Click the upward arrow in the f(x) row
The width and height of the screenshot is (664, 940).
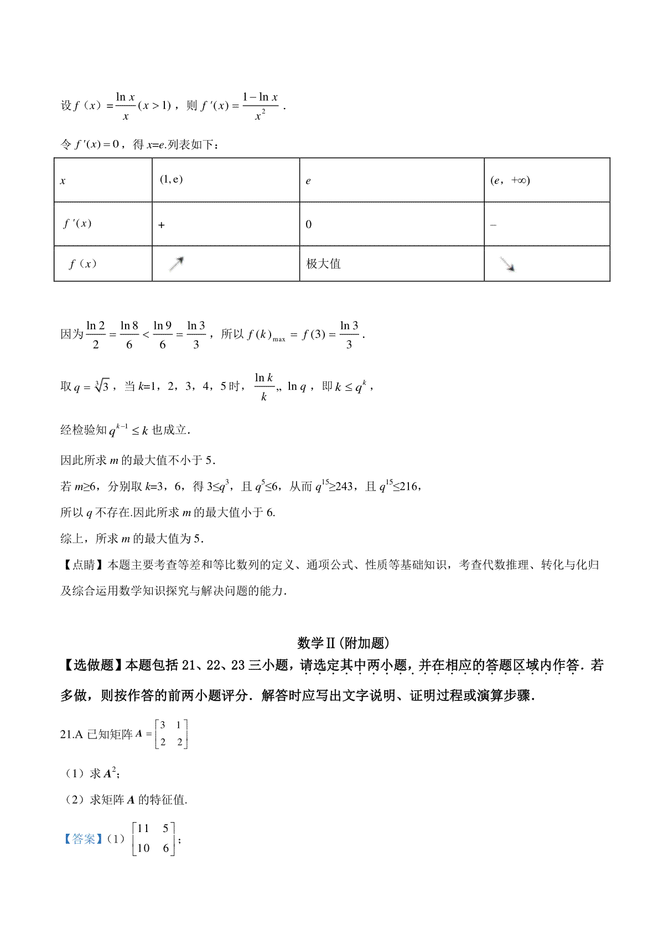click(x=177, y=264)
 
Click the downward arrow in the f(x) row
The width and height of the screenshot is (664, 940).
click(x=507, y=265)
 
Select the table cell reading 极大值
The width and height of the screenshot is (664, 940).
click(x=324, y=264)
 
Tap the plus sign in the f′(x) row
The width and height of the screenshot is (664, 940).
click(x=162, y=225)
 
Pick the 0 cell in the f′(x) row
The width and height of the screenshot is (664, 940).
click(x=309, y=224)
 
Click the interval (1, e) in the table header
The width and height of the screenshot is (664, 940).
click(x=171, y=179)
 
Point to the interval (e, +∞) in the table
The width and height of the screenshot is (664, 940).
click(x=510, y=180)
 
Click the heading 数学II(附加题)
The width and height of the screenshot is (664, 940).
click(x=343, y=643)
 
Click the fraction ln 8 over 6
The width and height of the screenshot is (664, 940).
click(x=129, y=335)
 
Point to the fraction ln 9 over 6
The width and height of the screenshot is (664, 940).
click(x=163, y=335)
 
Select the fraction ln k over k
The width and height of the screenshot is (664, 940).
click(x=264, y=386)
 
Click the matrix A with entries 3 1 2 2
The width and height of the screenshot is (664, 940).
click(x=172, y=734)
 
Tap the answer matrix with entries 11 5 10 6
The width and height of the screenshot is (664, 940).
click(x=154, y=838)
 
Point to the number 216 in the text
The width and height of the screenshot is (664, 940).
click(x=408, y=487)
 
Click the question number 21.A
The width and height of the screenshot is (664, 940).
click(x=71, y=734)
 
